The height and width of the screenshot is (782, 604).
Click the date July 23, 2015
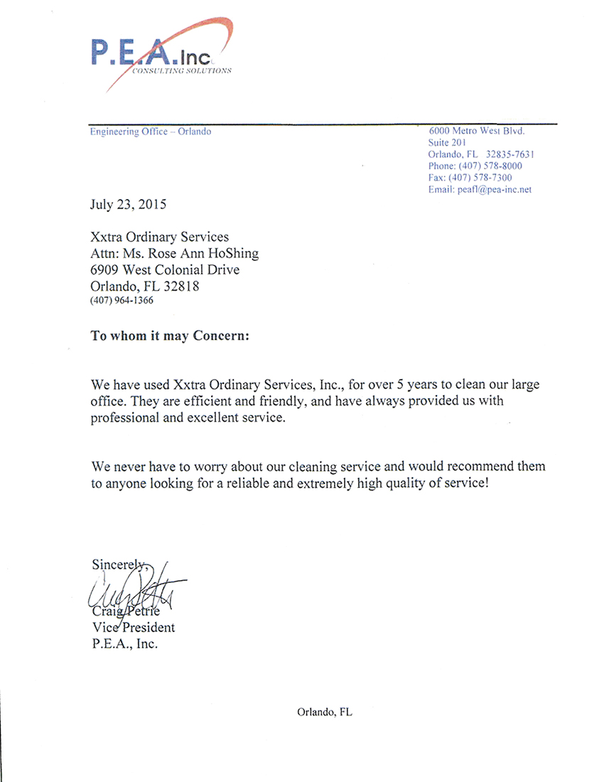[x=128, y=205]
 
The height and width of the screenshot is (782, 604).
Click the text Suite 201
[x=448, y=143]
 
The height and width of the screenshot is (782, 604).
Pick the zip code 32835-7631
[x=510, y=154]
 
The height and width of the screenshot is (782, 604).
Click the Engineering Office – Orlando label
[x=151, y=132]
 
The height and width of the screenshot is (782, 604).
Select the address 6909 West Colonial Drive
[x=165, y=270]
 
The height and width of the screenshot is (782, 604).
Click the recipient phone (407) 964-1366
[x=122, y=301]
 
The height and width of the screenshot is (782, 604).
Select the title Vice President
[x=133, y=628]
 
